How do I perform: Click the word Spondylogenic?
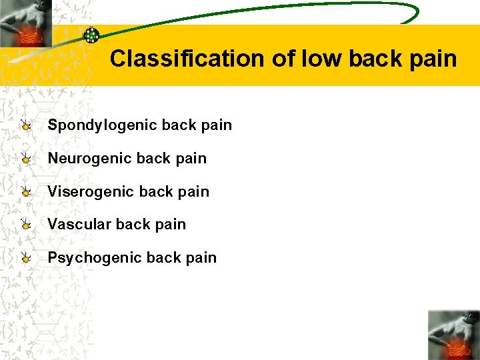tap(102, 125)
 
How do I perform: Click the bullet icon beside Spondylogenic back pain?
tap(25, 125)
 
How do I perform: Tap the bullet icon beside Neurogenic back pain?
tap(25, 159)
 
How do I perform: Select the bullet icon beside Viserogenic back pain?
tap(25, 192)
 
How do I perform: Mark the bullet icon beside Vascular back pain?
tap(25, 225)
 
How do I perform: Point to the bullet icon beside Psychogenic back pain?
tap(25, 258)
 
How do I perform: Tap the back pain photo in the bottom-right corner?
tap(453, 335)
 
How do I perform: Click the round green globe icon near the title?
tap(91, 36)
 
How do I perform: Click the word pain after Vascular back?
tap(171, 225)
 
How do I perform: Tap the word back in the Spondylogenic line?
tap(179, 125)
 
